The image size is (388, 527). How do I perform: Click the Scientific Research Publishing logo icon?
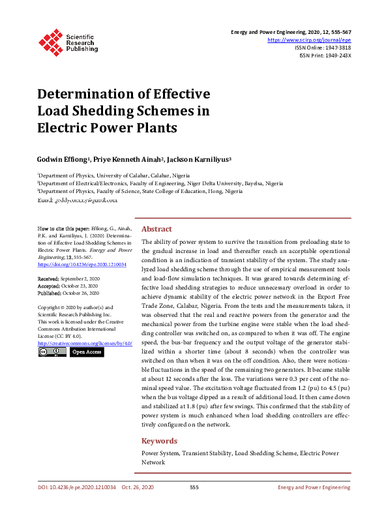tap(50, 42)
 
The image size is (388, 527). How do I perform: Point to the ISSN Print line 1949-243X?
tap(325, 55)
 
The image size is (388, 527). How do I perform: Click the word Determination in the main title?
tap(93, 93)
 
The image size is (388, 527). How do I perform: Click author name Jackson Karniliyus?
tap(198, 160)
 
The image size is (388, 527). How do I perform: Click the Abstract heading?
tap(157, 229)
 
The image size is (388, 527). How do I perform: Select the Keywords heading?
tap(159, 441)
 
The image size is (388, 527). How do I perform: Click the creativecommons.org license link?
tap(85, 343)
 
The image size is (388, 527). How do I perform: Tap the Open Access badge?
tap(87, 352)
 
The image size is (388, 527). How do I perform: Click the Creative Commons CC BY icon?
tap(52, 352)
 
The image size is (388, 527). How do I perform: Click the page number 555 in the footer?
tap(194, 487)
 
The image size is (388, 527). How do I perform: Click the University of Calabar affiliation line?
tap(104, 175)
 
